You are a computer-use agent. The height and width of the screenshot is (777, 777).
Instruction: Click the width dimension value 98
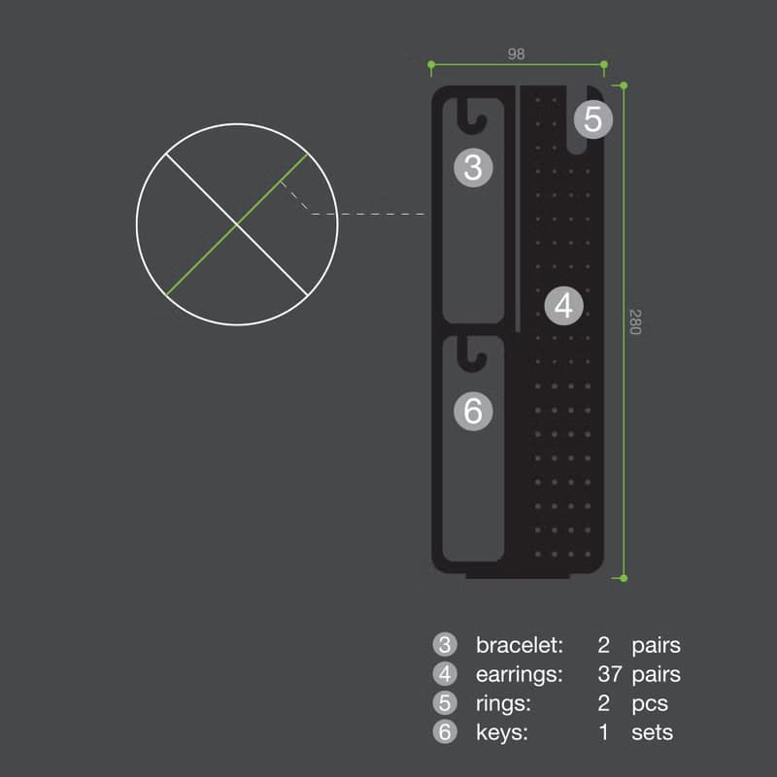(x=516, y=53)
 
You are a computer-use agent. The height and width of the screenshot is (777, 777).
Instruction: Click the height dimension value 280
(x=635, y=322)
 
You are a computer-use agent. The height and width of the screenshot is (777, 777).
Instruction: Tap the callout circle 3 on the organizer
(x=473, y=167)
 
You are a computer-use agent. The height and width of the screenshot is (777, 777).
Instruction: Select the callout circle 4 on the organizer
(x=564, y=306)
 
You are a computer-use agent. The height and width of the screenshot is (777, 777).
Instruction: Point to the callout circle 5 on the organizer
(x=593, y=119)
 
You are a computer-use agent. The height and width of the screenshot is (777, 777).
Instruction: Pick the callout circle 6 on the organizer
(x=473, y=411)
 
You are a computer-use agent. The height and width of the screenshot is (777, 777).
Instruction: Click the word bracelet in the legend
(x=520, y=645)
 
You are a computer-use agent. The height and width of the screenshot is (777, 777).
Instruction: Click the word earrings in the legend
(x=520, y=674)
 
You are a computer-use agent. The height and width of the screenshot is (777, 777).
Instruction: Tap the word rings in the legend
(x=503, y=703)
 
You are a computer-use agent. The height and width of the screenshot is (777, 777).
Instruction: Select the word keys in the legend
(x=502, y=733)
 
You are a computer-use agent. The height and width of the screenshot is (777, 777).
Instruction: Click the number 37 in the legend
(x=610, y=674)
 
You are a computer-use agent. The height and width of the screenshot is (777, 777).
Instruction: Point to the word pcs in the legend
(x=650, y=705)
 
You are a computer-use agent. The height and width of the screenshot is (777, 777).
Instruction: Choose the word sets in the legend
(x=652, y=733)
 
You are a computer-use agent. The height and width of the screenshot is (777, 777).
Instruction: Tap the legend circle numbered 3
(x=445, y=645)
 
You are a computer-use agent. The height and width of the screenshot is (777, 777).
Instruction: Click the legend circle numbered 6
(x=445, y=732)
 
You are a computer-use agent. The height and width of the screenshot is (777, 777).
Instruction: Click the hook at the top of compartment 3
(x=471, y=116)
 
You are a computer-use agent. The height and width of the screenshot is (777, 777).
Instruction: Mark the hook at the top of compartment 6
(x=471, y=354)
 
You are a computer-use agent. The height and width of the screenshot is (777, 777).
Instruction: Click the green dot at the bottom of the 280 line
(x=624, y=578)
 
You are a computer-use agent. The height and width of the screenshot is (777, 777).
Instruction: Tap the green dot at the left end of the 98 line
(x=431, y=64)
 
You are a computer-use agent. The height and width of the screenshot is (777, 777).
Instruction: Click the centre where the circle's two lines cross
(x=237, y=224)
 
